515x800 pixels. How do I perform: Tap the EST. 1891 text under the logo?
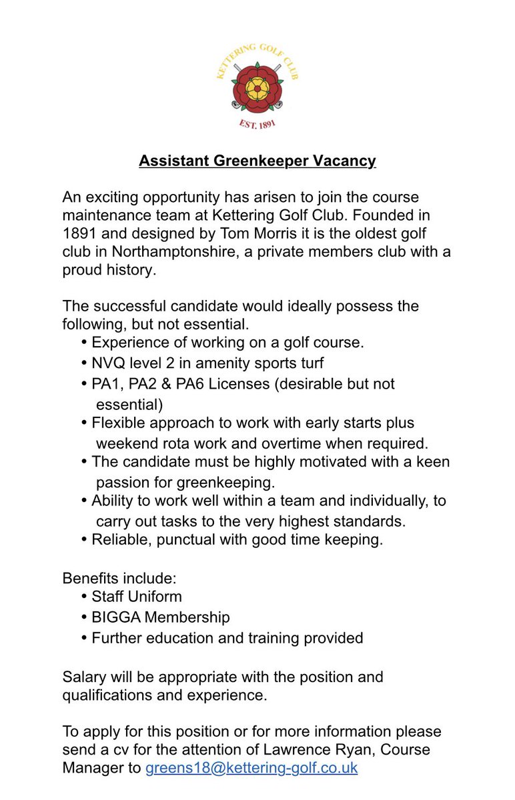tap(257, 125)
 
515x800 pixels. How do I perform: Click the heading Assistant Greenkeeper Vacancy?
tap(257, 161)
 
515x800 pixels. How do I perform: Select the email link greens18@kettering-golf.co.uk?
tap(251, 767)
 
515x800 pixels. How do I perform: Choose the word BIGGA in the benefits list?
tap(116, 617)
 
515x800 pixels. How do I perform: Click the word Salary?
tap(84, 677)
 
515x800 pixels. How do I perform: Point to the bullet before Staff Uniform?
tap(84, 596)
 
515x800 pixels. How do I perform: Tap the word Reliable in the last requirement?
tap(118, 539)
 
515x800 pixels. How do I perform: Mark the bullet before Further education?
tap(84, 638)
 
